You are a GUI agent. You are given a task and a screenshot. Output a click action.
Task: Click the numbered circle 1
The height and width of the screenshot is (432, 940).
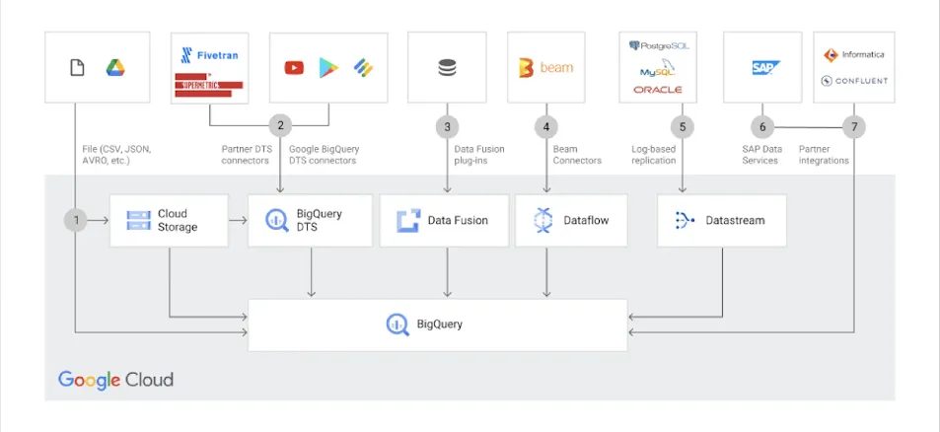tap(75, 220)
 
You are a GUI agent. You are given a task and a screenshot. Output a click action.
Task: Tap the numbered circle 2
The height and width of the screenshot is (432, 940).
tap(280, 125)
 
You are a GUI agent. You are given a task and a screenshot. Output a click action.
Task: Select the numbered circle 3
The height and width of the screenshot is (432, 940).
tap(447, 126)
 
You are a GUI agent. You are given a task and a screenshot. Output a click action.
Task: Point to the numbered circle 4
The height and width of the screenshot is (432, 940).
tap(545, 126)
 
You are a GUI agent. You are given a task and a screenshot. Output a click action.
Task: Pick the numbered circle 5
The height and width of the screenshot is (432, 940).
tap(683, 126)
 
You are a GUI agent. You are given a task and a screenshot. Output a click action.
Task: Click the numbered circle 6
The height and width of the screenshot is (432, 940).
tap(760, 126)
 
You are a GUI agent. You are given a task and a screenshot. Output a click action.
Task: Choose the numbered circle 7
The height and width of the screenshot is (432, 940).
tap(854, 126)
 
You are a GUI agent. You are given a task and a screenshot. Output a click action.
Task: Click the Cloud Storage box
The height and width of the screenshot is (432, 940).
tap(169, 220)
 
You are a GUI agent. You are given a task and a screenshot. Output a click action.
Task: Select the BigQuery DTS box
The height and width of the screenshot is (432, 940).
tap(310, 220)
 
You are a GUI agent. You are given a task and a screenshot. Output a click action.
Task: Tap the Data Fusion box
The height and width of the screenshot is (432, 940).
tap(447, 220)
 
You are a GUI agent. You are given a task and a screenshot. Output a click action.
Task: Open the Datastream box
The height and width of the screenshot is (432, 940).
tap(721, 220)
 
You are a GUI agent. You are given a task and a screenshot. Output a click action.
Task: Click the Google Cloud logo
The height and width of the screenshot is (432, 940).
tap(115, 379)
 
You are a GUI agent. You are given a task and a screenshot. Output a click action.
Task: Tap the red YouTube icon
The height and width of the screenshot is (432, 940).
tap(294, 67)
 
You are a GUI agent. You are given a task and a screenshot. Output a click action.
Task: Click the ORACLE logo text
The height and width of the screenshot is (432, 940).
tap(657, 90)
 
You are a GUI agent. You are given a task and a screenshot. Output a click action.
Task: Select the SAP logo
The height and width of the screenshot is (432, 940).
tap(765, 67)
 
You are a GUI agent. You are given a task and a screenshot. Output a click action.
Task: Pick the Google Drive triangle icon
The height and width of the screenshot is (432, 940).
tap(115, 67)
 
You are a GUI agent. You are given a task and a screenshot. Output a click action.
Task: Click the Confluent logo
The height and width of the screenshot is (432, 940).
tap(853, 81)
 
